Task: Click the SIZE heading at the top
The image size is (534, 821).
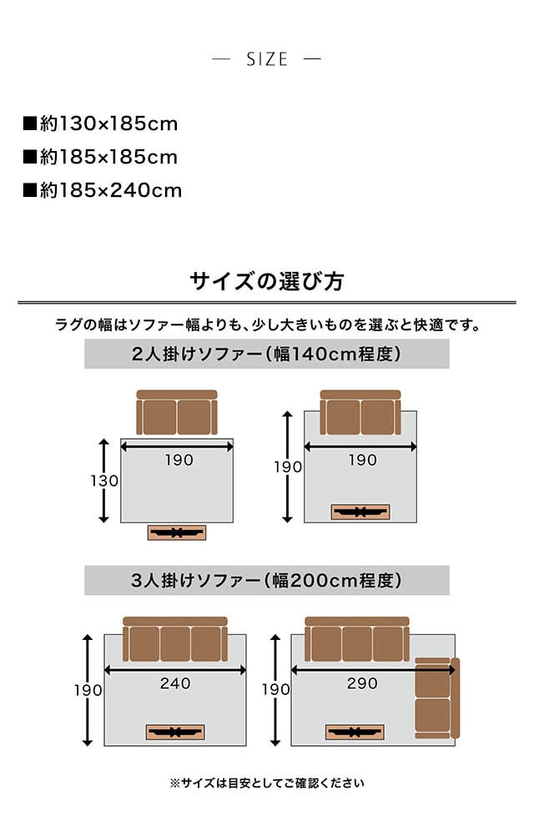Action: click(267, 59)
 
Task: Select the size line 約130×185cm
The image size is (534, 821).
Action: click(100, 124)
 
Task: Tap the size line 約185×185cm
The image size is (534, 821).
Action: click(100, 157)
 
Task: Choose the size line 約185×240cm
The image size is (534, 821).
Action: click(102, 190)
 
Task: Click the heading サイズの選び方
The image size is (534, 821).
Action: click(267, 280)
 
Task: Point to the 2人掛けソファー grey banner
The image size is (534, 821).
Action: click(267, 355)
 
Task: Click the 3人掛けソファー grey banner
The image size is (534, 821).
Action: click(267, 581)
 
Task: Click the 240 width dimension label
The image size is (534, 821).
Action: click(175, 683)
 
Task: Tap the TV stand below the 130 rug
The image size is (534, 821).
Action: click(176, 532)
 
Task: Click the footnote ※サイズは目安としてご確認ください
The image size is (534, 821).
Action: click(267, 783)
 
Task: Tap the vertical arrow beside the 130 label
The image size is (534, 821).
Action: click(104, 481)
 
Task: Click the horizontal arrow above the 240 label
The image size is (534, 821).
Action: click(175, 668)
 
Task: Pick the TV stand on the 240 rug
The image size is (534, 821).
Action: click(175, 732)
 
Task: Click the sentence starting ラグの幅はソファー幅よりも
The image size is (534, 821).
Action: click(267, 325)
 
